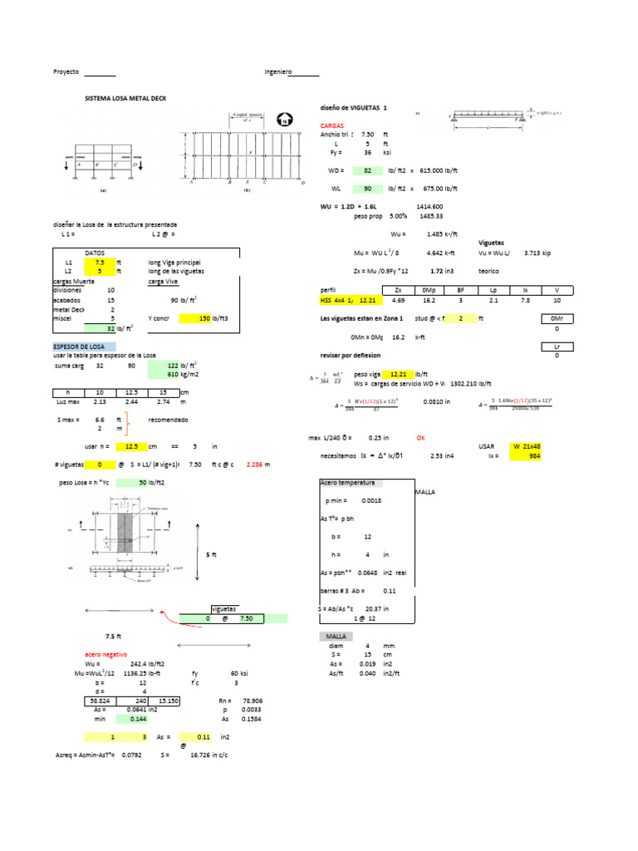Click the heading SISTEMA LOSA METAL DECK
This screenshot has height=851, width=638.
126,98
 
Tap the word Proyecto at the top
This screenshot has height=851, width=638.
66,72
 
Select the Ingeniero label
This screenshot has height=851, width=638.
278,72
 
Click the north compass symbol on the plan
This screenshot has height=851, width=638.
285,120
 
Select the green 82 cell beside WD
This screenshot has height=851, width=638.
366,170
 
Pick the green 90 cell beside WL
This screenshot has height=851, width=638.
366,189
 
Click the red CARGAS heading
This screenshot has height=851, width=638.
332,125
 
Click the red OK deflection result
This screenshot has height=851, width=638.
421,437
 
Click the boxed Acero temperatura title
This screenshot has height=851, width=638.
348,483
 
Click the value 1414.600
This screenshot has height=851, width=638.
429,206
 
